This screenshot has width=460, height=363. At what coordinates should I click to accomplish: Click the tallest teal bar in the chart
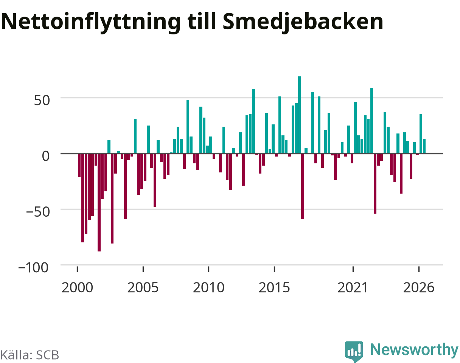click(299, 115)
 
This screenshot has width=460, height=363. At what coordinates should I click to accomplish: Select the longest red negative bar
click(99, 202)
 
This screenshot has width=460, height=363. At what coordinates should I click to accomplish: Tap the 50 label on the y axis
click(42, 100)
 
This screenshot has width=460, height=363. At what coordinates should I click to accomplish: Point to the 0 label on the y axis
click(46, 156)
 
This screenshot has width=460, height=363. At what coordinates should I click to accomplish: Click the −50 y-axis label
click(38, 212)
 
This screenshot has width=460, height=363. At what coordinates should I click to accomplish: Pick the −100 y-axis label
click(34, 267)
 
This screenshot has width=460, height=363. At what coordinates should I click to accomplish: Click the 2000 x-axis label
click(77, 288)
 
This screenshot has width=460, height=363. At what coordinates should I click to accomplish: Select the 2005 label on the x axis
click(143, 288)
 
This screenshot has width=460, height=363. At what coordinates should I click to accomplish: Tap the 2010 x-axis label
click(208, 288)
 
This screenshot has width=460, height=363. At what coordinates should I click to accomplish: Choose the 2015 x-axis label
click(274, 288)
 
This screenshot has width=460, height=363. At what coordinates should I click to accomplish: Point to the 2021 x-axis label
click(353, 288)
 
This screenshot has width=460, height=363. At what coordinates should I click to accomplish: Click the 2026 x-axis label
click(419, 288)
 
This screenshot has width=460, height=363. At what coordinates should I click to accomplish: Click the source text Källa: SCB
click(30, 355)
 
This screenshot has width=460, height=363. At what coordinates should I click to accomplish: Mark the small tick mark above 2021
click(353, 269)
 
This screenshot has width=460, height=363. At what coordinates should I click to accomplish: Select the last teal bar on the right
click(424, 146)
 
